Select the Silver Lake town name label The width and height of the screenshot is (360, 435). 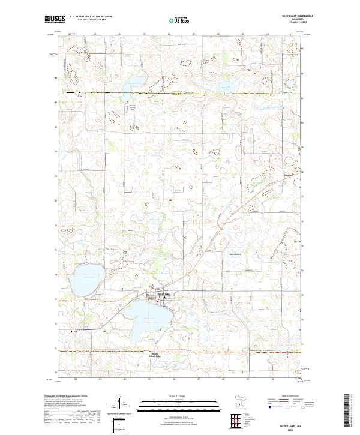pos(163,293)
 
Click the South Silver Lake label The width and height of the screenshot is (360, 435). pos(155,355)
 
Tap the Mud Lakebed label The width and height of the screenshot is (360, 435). pos(236,254)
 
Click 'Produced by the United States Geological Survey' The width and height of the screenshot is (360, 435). pos(66,396)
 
